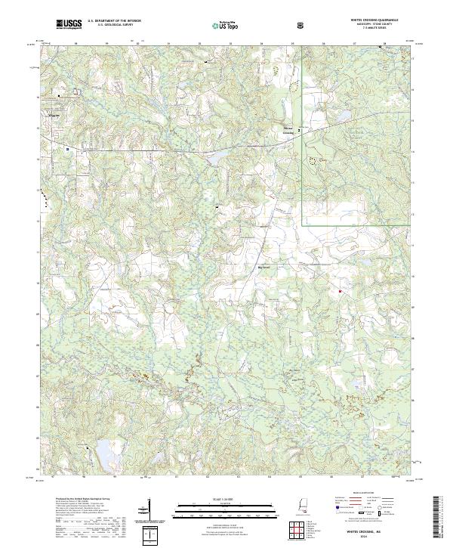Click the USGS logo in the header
coord(68,24)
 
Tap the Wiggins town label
coord(54,116)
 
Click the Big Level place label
coord(263,267)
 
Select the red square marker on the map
coord(340,291)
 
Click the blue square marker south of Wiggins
coord(68,149)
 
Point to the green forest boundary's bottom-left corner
coord(304,224)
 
